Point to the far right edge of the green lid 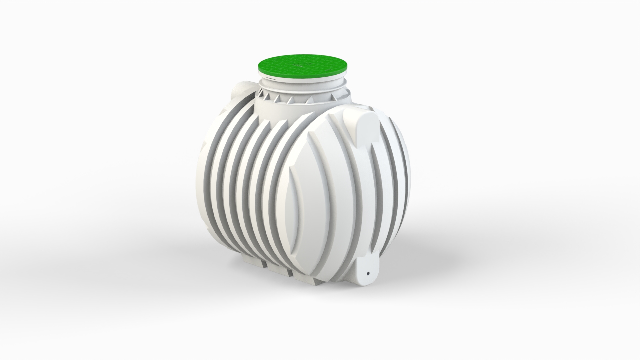tap(348, 66)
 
